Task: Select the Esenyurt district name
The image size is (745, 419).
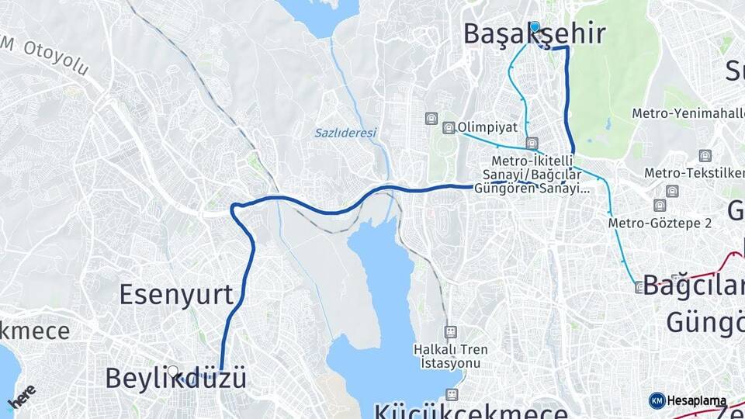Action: [x=176, y=295]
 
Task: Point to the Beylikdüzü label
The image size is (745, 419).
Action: [x=175, y=379]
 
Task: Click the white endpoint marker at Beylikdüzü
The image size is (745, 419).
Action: [x=173, y=372]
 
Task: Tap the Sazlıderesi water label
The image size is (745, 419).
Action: [x=345, y=133]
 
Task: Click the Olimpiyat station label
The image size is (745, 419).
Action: [x=487, y=126]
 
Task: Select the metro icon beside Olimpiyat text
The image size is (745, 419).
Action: [x=449, y=127]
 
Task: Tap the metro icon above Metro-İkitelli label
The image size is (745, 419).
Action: [x=532, y=143]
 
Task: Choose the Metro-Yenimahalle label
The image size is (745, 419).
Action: [x=687, y=113]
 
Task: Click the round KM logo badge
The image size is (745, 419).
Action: [x=657, y=400]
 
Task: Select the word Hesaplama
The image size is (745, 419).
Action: [x=696, y=400]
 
